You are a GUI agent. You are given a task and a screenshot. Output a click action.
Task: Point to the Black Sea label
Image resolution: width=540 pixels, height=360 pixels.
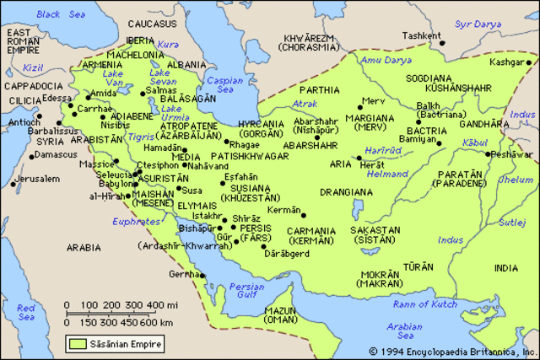click(36, 14)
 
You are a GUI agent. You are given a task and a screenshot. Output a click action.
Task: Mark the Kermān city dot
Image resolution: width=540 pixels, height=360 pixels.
click(303, 215)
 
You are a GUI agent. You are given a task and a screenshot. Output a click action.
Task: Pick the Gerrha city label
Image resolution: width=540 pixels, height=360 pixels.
click(181, 275)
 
